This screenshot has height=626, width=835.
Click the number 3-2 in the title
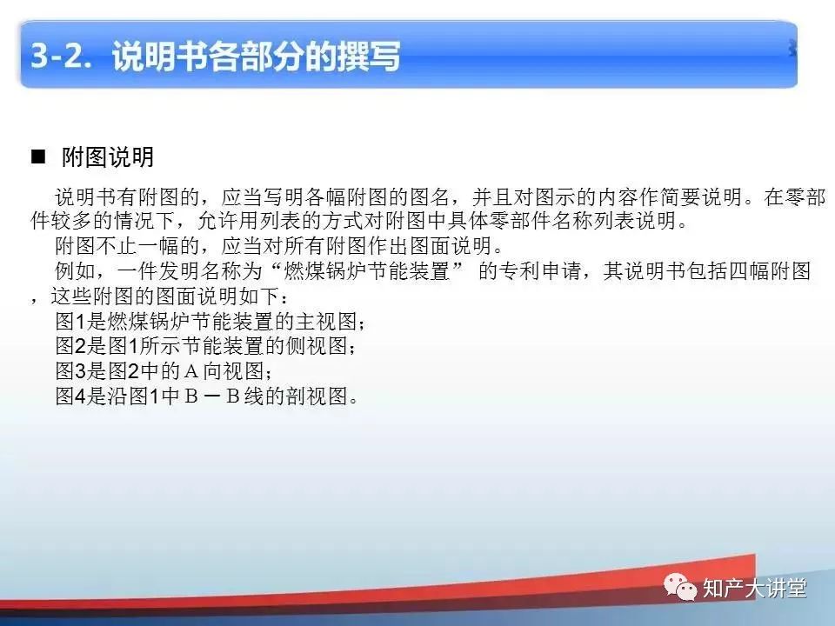coord(63,57)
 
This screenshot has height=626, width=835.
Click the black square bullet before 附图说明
coord(37,157)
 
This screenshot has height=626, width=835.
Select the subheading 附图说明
coord(108,157)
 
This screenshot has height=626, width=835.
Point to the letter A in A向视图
coord(192,373)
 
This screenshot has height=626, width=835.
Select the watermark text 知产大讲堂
coord(754,589)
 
